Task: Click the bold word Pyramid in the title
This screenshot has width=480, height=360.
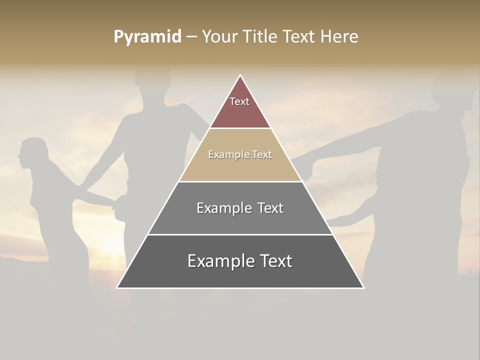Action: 147,37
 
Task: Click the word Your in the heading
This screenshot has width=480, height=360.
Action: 219,37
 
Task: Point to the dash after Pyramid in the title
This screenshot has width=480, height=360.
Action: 191,37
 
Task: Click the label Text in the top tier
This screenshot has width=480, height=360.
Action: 239,101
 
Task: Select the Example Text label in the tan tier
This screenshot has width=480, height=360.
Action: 240,154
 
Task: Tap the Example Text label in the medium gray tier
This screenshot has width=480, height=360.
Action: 240,208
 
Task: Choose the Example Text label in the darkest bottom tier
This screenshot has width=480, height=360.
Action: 240,261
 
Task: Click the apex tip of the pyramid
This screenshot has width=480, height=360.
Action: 240,75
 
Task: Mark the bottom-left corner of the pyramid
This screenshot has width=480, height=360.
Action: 117,287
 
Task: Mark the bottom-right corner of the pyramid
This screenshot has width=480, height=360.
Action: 363,287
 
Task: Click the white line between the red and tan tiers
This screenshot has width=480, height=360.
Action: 240,128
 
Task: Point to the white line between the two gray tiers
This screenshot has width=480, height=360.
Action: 240,234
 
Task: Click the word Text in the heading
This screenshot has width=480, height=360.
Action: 299,37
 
